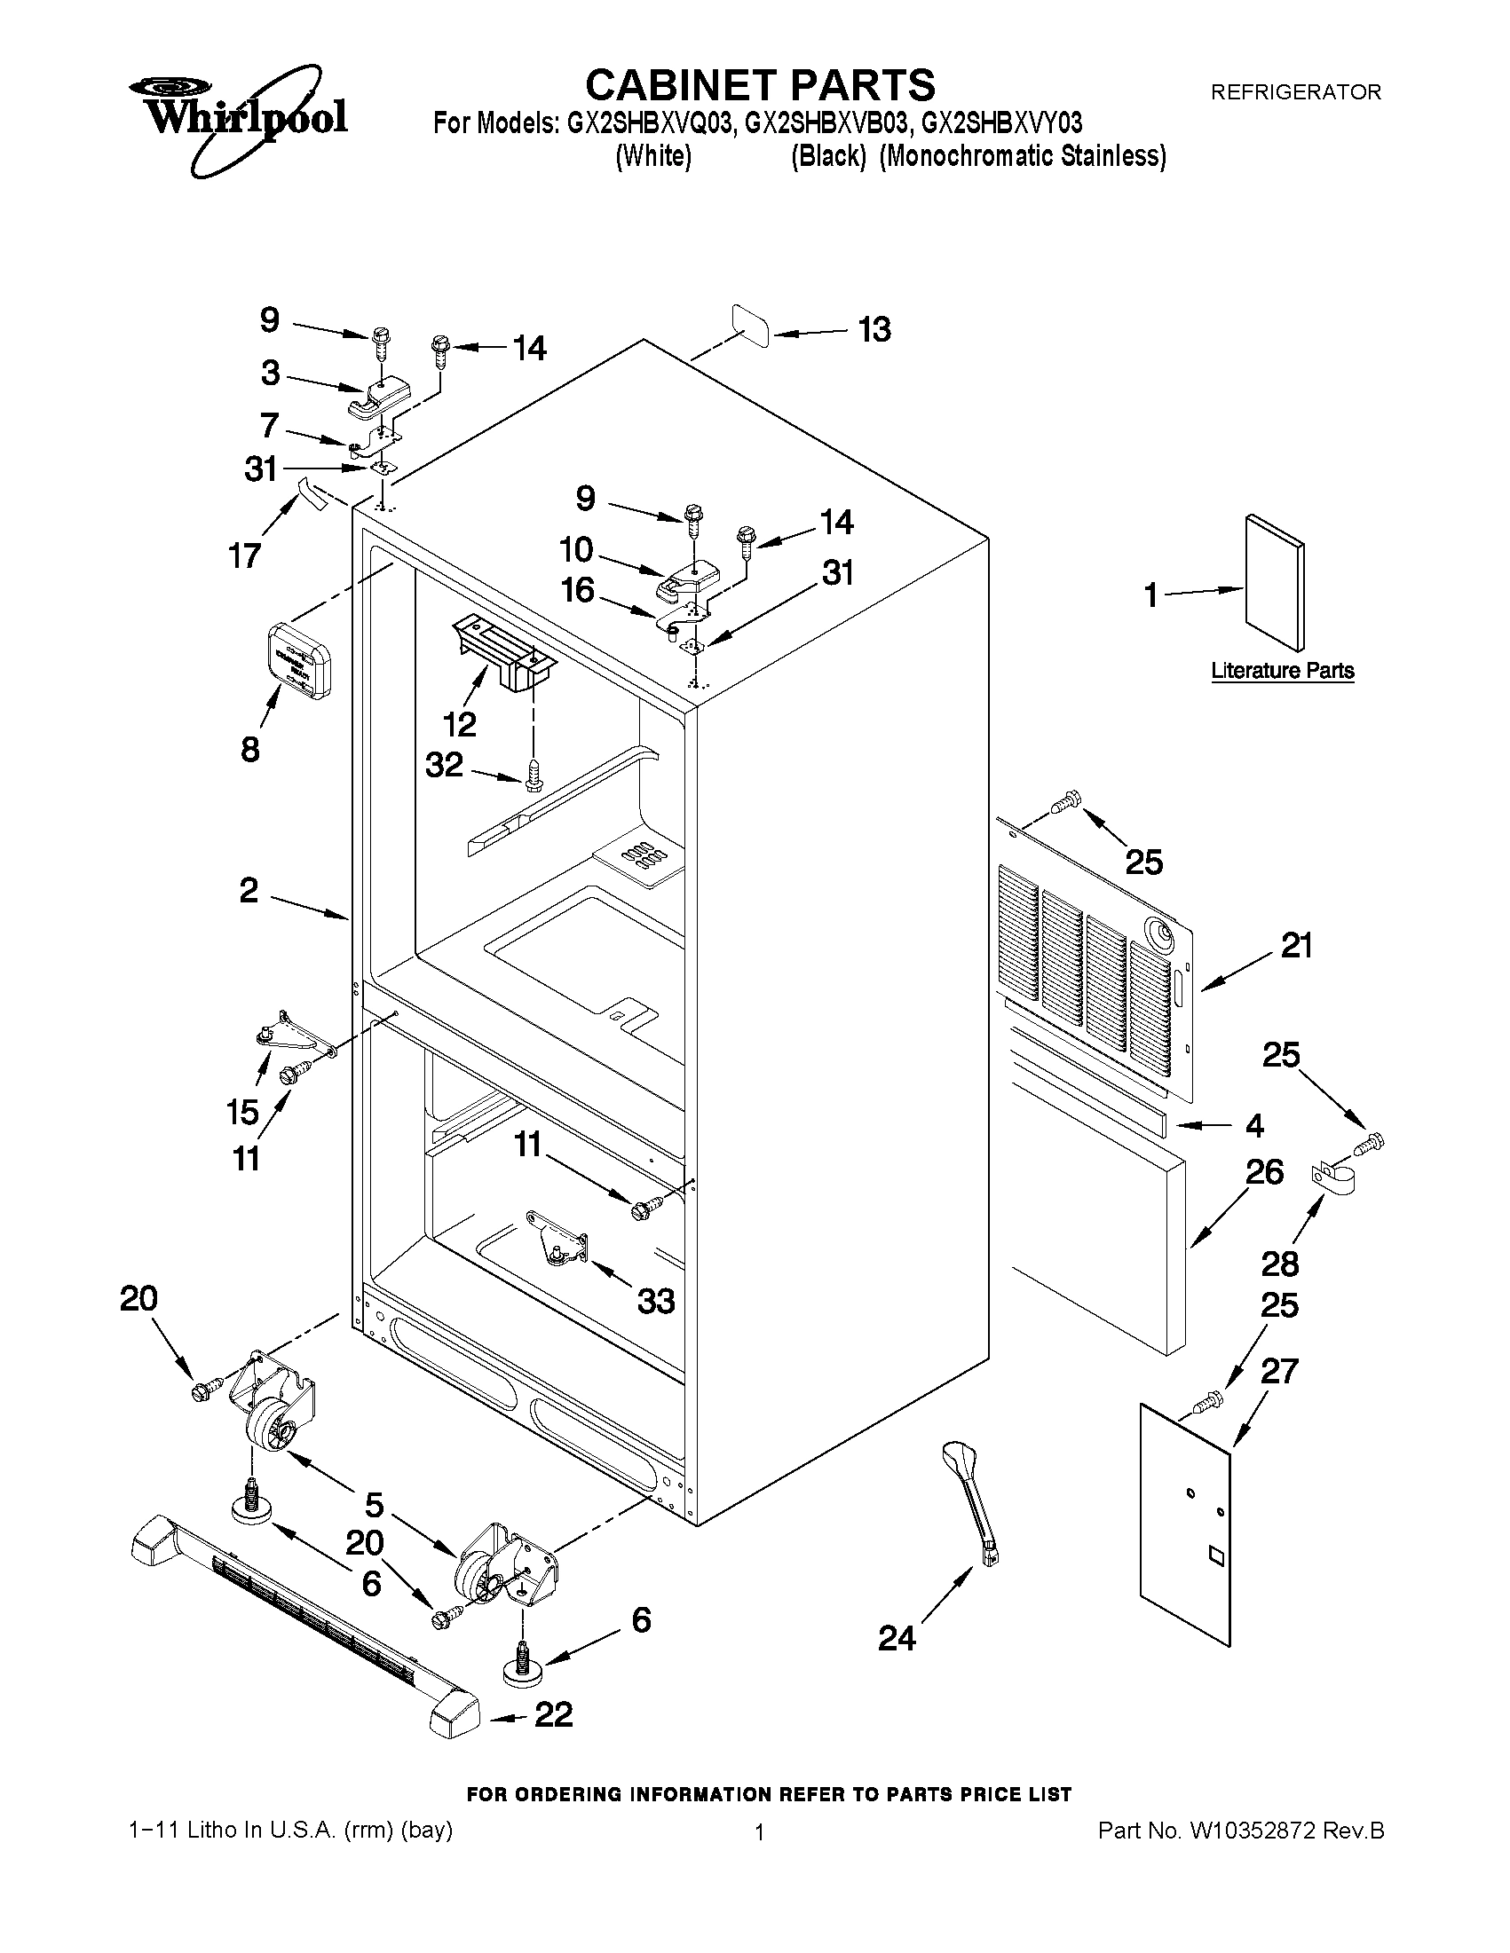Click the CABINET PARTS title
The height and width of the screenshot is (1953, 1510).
pyautogui.click(x=760, y=85)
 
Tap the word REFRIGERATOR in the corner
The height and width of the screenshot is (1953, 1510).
pyautogui.click(x=1295, y=92)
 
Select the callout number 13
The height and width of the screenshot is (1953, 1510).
pyautogui.click(x=874, y=330)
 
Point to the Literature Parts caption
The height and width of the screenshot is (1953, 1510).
pyautogui.click(x=1282, y=671)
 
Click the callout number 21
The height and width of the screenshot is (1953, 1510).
pyautogui.click(x=1296, y=945)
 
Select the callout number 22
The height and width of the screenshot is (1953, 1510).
pyautogui.click(x=553, y=1714)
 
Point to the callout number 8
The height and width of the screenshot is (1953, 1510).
pyautogui.click(x=250, y=750)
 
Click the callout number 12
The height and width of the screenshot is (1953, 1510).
pyautogui.click(x=460, y=723)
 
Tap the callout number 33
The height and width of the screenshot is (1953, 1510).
pyautogui.click(x=655, y=1301)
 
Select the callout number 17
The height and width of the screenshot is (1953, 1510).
pyautogui.click(x=244, y=555)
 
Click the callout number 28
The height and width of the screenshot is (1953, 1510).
pyautogui.click(x=1279, y=1264)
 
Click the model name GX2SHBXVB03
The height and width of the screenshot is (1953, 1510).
pyautogui.click(x=826, y=122)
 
